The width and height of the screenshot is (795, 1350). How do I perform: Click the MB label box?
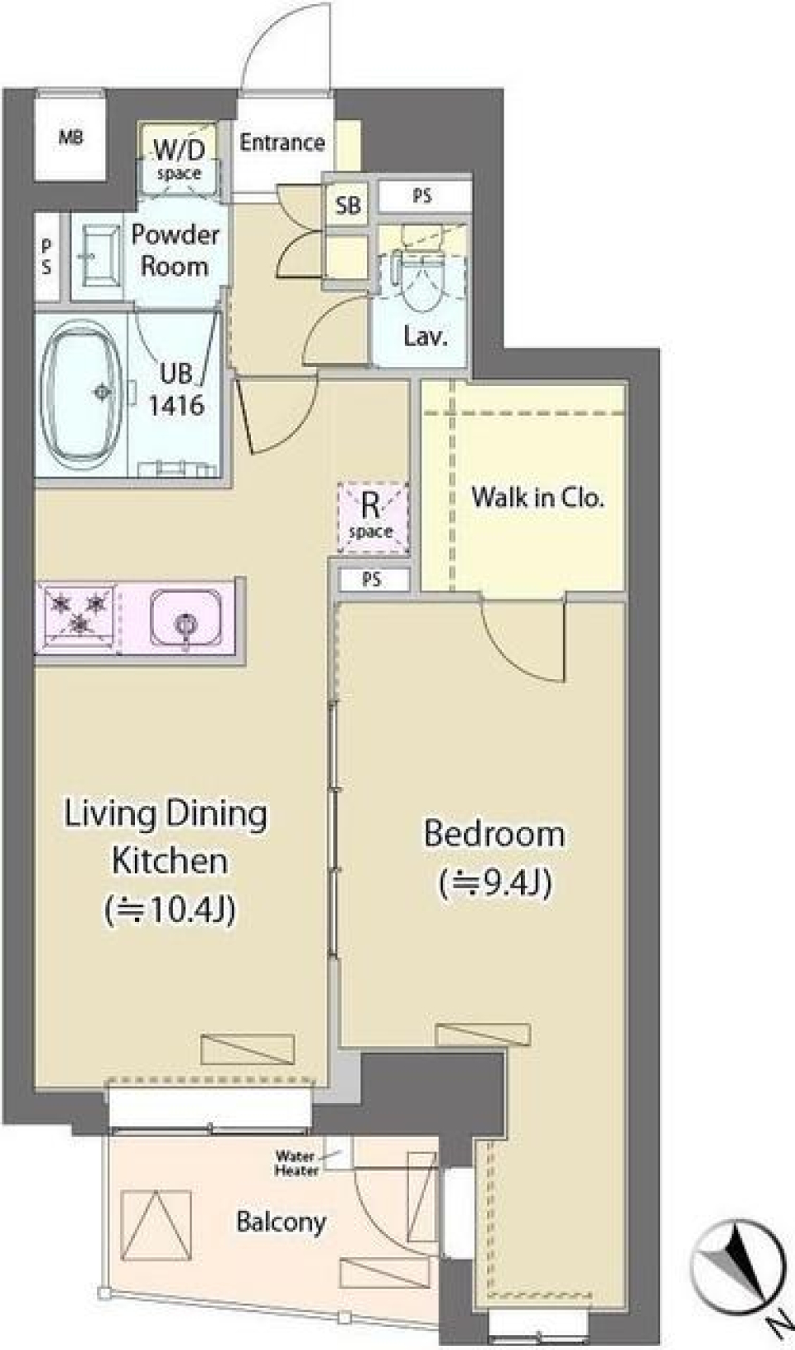(70, 137)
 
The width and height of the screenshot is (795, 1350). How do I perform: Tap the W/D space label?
(179, 160)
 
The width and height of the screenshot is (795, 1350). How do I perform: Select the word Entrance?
(282, 142)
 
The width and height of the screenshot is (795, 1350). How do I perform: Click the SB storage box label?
(348, 204)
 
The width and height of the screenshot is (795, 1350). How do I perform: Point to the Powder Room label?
(175, 250)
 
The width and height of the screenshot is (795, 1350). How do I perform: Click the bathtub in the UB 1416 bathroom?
(83, 391)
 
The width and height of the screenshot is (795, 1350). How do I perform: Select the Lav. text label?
(425, 336)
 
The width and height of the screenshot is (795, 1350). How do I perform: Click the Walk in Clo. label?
(537, 497)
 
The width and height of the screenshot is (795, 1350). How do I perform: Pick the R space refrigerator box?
(372, 517)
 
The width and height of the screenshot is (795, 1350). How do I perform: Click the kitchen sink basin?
(185, 617)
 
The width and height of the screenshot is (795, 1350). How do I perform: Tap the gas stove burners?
(79, 614)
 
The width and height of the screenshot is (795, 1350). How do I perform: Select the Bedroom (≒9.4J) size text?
(495, 883)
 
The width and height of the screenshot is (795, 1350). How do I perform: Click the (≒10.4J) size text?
(170, 909)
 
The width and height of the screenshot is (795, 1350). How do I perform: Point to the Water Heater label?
(296, 1163)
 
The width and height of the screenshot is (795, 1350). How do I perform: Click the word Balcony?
(281, 1222)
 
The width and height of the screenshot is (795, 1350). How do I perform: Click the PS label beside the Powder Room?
(46, 257)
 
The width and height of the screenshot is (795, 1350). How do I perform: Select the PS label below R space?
(372, 580)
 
